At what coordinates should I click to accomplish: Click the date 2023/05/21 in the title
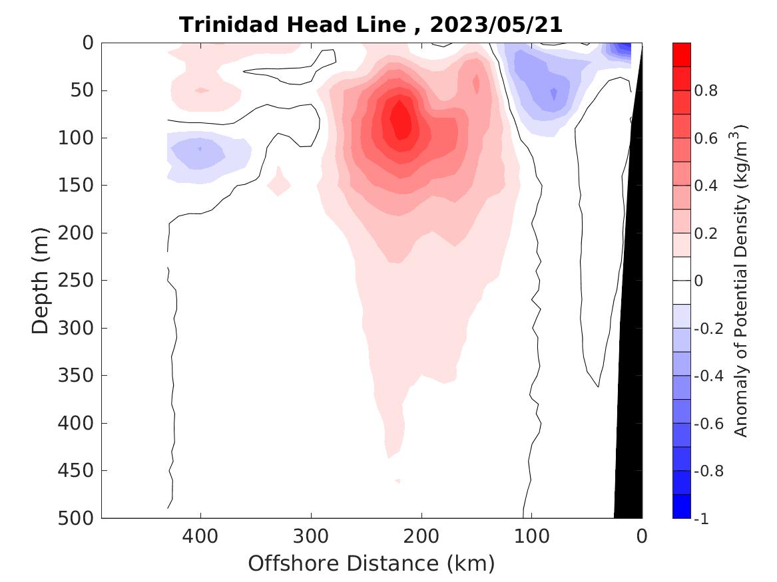tap(496, 25)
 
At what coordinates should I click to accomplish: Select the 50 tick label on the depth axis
tap(85, 90)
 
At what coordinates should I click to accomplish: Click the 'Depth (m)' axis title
tap(41, 280)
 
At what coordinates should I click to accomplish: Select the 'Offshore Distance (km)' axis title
tap(372, 563)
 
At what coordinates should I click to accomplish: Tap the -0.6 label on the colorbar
tap(708, 423)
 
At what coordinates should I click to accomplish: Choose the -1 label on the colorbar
tap(700, 518)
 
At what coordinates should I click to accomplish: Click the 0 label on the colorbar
tap(698, 281)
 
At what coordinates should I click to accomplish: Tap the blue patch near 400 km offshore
tap(200, 150)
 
